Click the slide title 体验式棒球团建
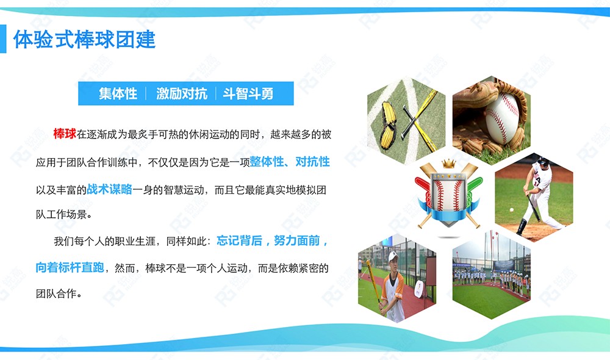click(x=84, y=39)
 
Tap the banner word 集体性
click(x=118, y=94)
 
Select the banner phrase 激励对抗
click(x=182, y=94)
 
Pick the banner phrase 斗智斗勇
click(x=248, y=94)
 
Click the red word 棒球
click(x=65, y=134)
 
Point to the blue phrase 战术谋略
click(x=109, y=189)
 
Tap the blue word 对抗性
click(x=312, y=162)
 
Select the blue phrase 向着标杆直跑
click(x=70, y=267)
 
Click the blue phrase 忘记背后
click(x=239, y=240)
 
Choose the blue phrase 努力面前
click(x=297, y=240)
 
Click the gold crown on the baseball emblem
click(x=448, y=164)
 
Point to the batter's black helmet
click(x=544, y=162)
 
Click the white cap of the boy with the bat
click(x=392, y=256)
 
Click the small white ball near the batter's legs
click(x=512, y=210)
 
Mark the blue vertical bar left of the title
click(x=3, y=39)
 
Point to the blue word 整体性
click(x=267, y=162)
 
